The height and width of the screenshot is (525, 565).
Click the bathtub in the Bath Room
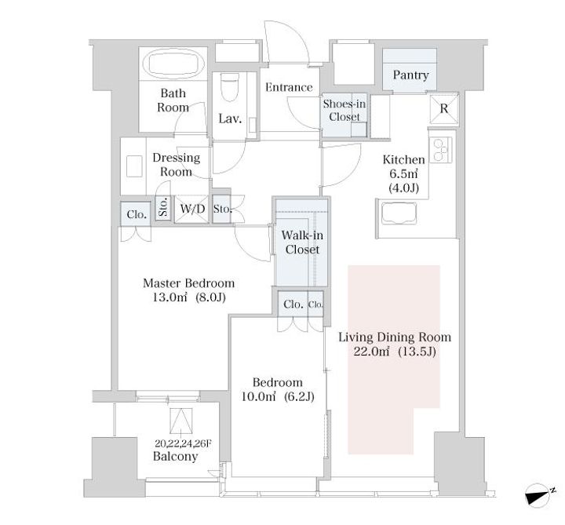[x=173, y=64]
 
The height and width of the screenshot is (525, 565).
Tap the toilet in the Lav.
[x=229, y=87]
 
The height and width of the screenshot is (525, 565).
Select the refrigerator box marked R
[x=444, y=108]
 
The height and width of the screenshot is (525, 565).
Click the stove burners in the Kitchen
[x=440, y=150]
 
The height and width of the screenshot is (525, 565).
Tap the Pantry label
[x=410, y=75]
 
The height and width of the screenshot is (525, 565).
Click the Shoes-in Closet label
[x=344, y=111]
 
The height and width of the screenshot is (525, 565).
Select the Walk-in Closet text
[x=302, y=242]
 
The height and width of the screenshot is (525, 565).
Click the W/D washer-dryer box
[x=192, y=209]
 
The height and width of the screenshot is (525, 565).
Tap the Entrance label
[x=289, y=87]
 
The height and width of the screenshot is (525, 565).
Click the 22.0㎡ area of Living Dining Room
[x=371, y=352]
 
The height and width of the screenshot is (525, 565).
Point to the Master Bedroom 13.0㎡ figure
[x=169, y=297]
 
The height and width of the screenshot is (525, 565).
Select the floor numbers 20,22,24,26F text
[x=183, y=443]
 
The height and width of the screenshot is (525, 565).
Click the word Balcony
[x=176, y=457]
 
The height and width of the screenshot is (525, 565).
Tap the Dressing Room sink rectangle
[x=134, y=166]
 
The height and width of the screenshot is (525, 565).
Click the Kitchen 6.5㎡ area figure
[x=403, y=173]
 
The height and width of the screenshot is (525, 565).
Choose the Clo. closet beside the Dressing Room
[x=137, y=214]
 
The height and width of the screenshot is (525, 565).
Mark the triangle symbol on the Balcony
[x=181, y=421]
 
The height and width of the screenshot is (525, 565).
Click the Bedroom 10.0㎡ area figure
[x=258, y=397]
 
